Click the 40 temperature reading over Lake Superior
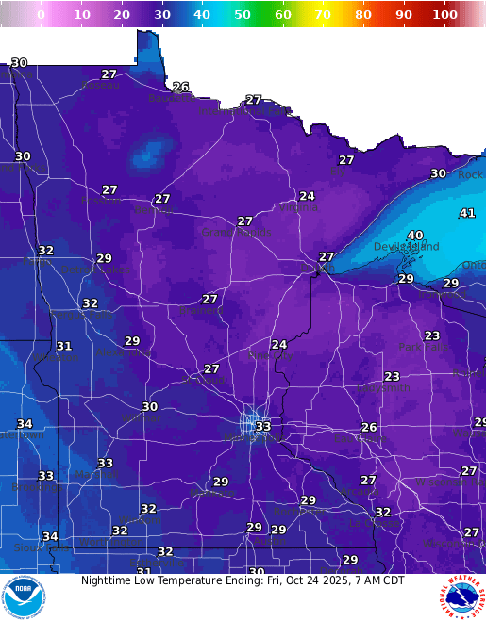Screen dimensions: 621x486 pyautogui.click(x=415, y=236)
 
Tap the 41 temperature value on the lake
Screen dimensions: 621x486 pyautogui.click(x=467, y=214)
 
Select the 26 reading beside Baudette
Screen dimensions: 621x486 pyautogui.click(x=180, y=87)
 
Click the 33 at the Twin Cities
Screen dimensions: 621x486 pyautogui.click(x=263, y=427)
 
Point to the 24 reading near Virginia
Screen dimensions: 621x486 pyautogui.click(x=307, y=197)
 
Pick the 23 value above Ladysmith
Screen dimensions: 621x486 pyautogui.click(x=392, y=377)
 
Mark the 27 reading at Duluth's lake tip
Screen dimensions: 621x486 pyautogui.click(x=327, y=257)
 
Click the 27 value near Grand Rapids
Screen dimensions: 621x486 pyautogui.click(x=245, y=221)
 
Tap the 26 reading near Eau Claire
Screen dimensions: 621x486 pyautogui.click(x=369, y=428)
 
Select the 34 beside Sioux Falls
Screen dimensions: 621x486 pyautogui.click(x=50, y=537)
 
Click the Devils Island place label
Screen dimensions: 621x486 pyautogui.click(x=407, y=247)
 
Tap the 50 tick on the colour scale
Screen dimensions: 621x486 pyautogui.click(x=243, y=15)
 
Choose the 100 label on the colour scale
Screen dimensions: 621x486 pyautogui.click(x=444, y=15)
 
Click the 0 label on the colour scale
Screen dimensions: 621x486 pyautogui.click(x=41, y=15)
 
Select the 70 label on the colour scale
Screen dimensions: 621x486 pyautogui.click(x=323, y=15)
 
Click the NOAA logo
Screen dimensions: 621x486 pyautogui.click(x=23, y=597)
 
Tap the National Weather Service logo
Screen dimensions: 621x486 pyautogui.click(x=461, y=597)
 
